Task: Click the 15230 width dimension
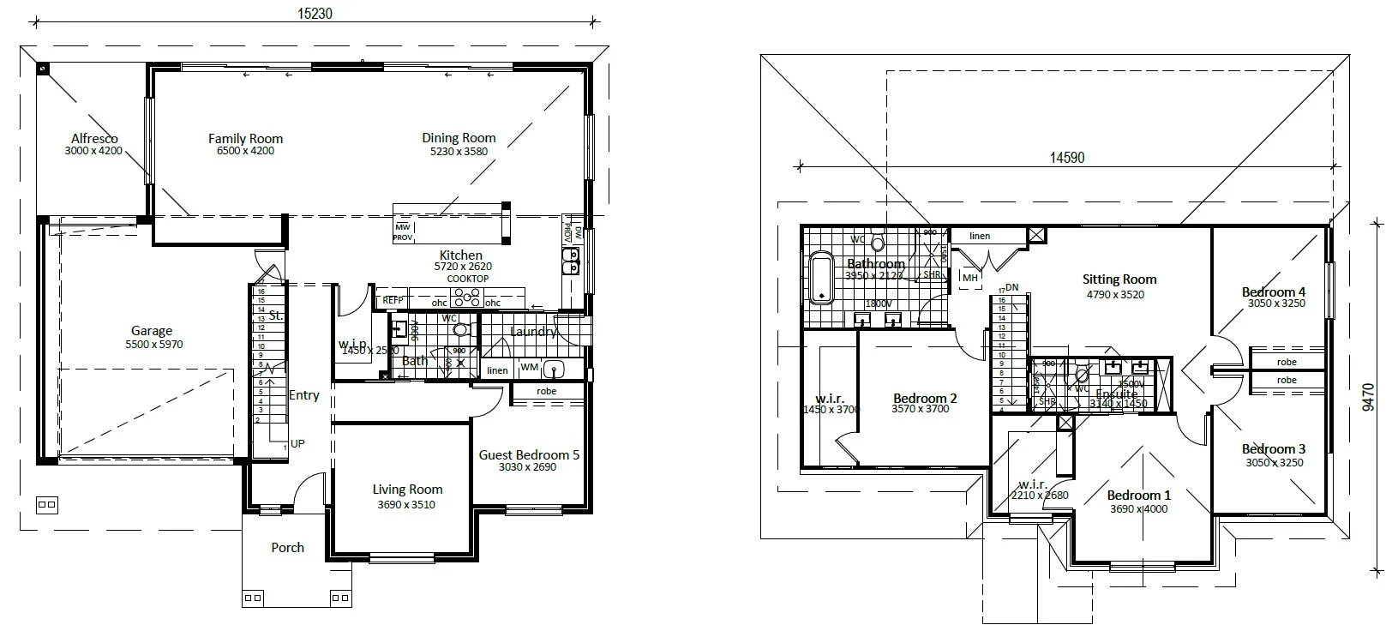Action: click(315, 14)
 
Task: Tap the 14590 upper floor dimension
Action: click(1067, 158)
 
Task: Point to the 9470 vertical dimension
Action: click(1368, 398)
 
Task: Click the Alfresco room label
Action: click(94, 139)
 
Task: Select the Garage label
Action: click(152, 331)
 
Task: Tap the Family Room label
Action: click(245, 138)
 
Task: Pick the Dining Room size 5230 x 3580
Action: click(459, 152)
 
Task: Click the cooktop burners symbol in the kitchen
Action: click(467, 297)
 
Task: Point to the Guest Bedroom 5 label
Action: click(529, 455)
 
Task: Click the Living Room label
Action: click(407, 490)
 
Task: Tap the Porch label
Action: click(287, 548)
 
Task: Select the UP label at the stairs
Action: click(297, 444)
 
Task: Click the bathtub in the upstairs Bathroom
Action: click(821, 277)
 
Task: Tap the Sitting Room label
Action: click(1119, 279)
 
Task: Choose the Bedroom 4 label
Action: click(1274, 292)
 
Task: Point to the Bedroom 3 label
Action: click(1274, 449)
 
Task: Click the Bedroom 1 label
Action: click(1138, 496)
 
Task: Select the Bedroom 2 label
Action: click(925, 399)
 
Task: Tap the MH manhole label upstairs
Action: click(969, 278)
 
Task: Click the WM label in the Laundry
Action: click(529, 368)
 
